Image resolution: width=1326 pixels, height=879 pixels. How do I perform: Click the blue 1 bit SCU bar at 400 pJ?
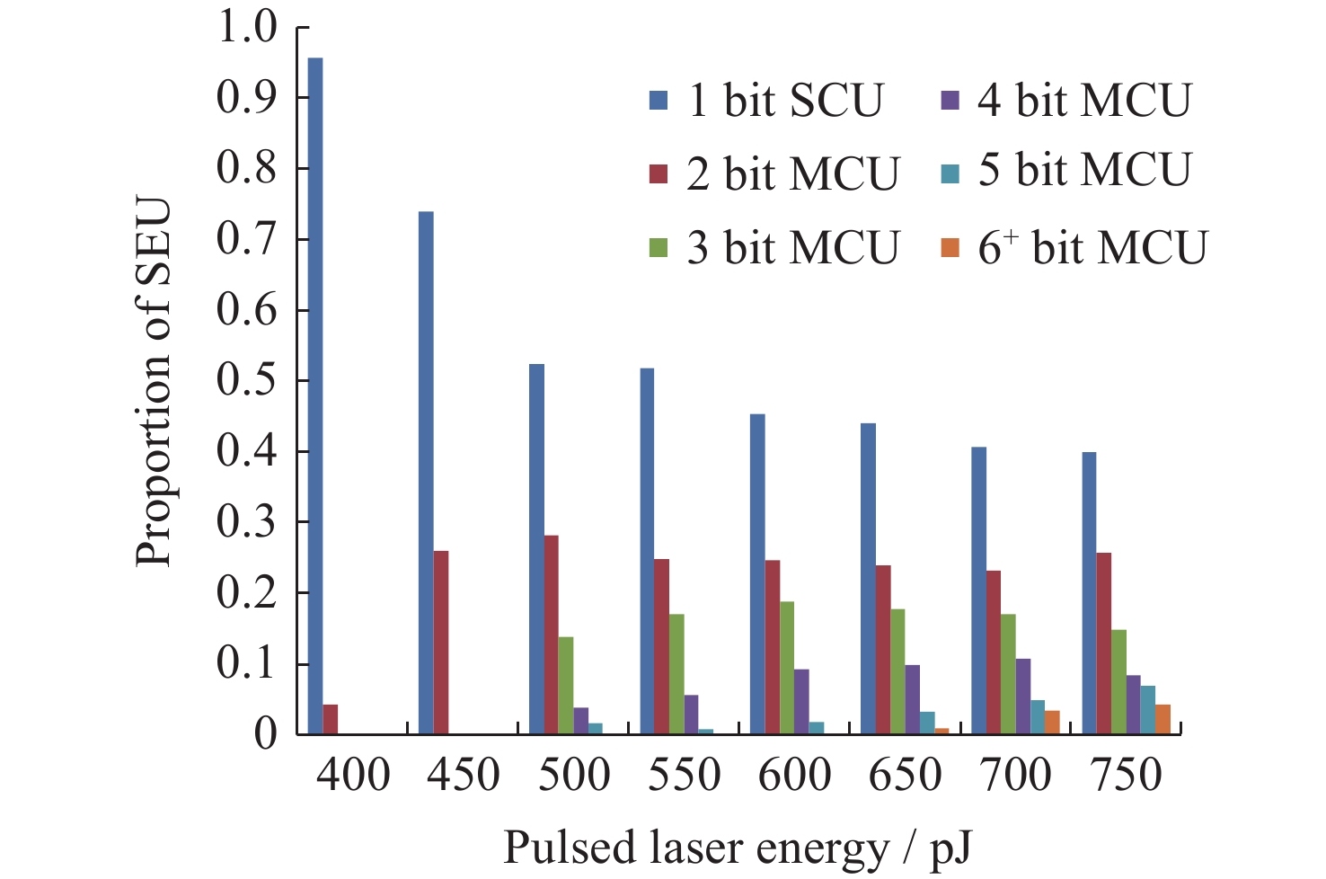(315, 395)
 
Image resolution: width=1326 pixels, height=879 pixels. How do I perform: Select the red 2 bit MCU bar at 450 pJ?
(441, 643)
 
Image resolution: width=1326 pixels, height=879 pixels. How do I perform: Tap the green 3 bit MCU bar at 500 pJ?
(566, 686)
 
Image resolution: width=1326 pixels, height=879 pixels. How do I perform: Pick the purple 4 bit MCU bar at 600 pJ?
(801, 702)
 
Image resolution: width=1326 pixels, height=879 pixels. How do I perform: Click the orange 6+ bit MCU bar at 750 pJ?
(1162, 720)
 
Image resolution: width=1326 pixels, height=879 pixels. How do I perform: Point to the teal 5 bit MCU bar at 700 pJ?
(1038, 717)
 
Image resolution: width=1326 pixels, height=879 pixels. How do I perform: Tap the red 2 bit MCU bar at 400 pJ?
(331, 720)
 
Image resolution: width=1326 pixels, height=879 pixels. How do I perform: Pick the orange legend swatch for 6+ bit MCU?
(950, 248)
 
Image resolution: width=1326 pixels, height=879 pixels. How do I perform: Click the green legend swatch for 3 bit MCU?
(659, 248)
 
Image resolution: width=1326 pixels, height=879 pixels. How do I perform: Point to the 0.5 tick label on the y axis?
(247, 380)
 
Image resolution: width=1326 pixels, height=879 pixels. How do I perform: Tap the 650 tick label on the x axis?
(906, 775)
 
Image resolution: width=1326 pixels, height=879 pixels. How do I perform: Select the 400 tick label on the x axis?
(353, 775)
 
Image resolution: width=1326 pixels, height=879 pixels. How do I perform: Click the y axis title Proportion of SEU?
(154, 382)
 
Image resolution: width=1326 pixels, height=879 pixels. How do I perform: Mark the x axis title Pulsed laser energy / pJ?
(738, 847)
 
